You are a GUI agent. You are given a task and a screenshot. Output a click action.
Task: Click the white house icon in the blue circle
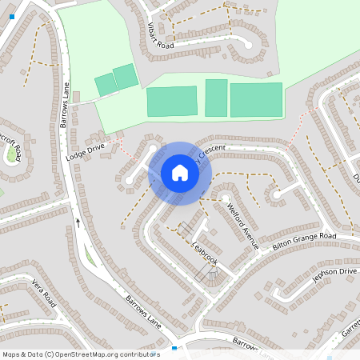[x=180, y=173]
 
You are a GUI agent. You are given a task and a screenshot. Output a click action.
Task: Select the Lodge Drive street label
[x=86, y=152]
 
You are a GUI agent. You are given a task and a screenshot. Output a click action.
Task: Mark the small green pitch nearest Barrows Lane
[x=106, y=84]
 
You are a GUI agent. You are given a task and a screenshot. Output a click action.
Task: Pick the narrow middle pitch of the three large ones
[x=216, y=98]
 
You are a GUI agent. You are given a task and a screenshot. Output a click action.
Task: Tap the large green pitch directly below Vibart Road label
[x=171, y=102]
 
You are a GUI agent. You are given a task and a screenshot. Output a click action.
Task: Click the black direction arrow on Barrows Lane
[x=78, y=222]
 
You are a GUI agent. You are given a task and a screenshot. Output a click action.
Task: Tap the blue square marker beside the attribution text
[x=174, y=350]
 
